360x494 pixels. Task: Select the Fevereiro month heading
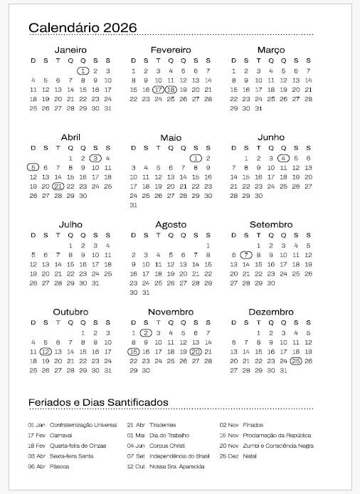[x=171, y=50]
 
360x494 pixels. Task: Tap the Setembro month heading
[x=271, y=225]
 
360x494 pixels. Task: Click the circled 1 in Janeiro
[x=83, y=70]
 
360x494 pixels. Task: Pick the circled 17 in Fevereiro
[x=158, y=90]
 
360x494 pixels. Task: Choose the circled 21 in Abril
[x=58, y=186]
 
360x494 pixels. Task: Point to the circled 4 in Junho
[x=283, y=158]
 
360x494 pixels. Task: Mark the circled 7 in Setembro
[x=246, y=255]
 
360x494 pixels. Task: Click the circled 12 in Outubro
[x=46, y=352]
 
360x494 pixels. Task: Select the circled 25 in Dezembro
[x=296, y=361]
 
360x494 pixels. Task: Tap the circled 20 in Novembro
[x=196, y=352]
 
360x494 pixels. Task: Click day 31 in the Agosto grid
[x=146, y=293]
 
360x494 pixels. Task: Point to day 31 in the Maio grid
[x=133, y=205]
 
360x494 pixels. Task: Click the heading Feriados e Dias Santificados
[x=98, y=402]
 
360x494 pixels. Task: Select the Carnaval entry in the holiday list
[x=61, y=435]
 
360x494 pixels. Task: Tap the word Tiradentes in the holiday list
[x=164, y=425]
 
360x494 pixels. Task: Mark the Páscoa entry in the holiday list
[x=60, y=466]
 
